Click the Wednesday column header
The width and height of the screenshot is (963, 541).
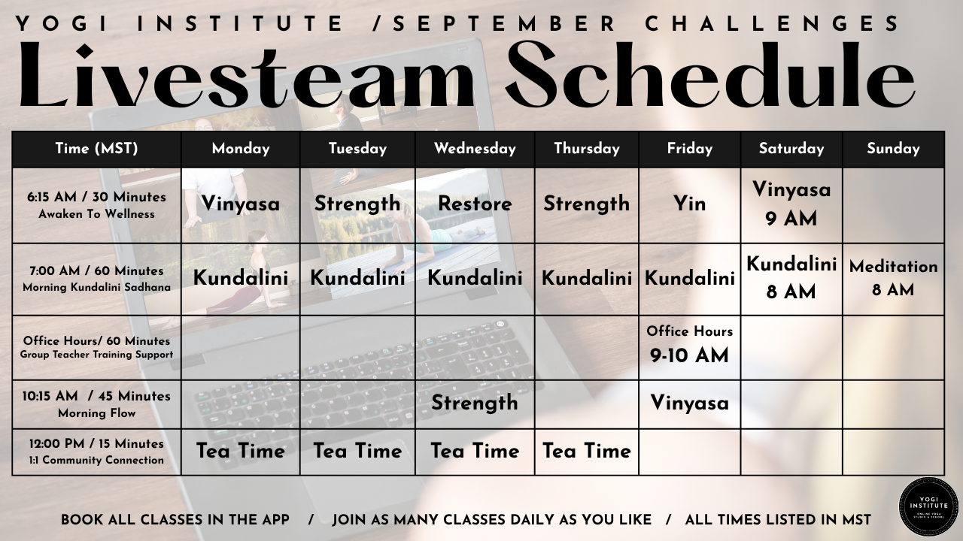(x=475, y=149)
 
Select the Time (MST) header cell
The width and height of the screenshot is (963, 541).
(x=97, y=149)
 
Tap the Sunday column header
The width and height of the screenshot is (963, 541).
(x=893, y=149)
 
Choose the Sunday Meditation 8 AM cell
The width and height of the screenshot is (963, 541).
(x=893, y=279)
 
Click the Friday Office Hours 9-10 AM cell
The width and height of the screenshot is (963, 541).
(x=690, y=347)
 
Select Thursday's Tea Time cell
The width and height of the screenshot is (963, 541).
(x=586, y=452)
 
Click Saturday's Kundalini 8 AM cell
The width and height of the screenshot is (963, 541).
(x=791, y=279)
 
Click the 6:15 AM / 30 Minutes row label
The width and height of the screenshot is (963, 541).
(x=97, y=205)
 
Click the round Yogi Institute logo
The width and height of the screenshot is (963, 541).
(x=928, y=506)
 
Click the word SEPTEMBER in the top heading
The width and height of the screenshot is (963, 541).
(x=504, y=23)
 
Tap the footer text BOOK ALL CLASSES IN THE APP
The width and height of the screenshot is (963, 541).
(x=175, y=520)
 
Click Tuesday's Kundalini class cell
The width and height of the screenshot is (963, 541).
(x=357, y=279)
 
